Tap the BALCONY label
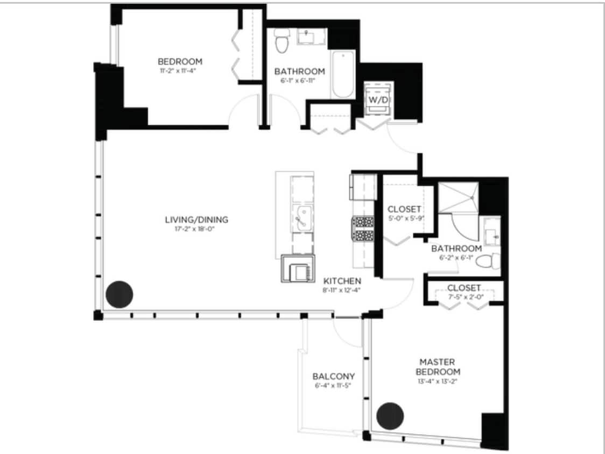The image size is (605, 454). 333,376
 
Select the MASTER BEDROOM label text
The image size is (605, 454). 440,367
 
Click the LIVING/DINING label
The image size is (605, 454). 196,219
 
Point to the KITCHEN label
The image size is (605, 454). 342,281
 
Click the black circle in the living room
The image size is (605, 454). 119,294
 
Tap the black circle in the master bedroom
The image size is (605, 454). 390,415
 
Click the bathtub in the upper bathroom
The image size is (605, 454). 342,75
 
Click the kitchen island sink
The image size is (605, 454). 302,217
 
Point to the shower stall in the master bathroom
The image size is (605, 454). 458,197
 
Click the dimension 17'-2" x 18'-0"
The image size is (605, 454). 196,229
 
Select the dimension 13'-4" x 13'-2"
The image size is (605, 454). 439,381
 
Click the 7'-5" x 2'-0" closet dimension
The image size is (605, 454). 463,296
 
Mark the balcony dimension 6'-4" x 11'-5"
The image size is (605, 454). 333,385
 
